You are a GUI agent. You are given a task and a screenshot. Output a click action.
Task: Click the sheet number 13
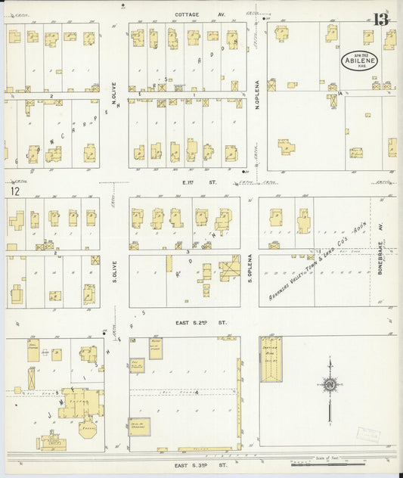(383, 18)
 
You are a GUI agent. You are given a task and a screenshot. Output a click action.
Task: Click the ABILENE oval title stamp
(359, 61)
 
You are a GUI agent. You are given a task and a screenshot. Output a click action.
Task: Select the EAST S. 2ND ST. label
(200, 322)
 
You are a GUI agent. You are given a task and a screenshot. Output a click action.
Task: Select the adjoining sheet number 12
(14, 191)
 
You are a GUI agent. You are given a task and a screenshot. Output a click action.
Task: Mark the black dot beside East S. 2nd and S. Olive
(103, 332)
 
